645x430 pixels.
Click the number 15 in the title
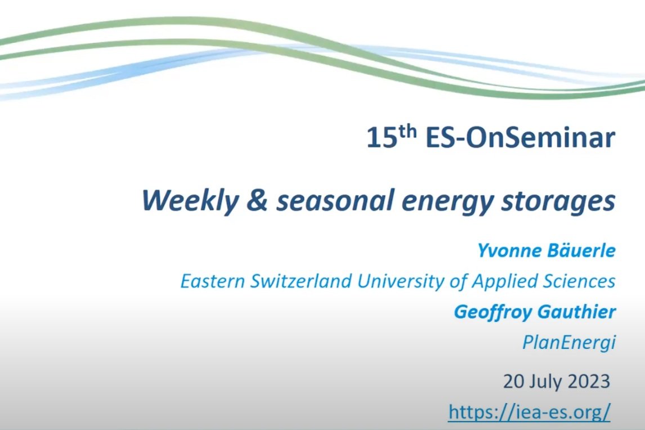click(382, 137)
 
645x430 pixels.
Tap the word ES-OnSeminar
click(521, 137)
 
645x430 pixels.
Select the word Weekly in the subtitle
click(190, 201)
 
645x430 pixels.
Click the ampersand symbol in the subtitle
click(258, 200)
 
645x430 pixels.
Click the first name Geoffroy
click(493, 312)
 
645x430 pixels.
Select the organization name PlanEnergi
click(569, 343)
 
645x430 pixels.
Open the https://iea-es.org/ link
click(530, 412)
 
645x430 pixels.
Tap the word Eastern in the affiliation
click(213, 281)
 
